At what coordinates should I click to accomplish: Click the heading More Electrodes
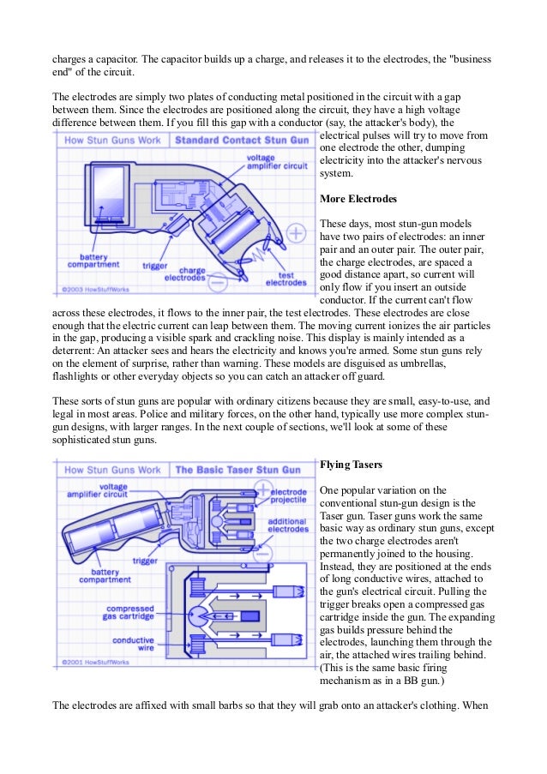pyautogui.click(x=358, y=199)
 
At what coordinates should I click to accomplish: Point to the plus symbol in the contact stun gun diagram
pyautogui.click(x=296, y=232)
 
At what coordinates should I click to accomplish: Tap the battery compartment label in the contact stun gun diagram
pyautogui.click(x=93, y=261)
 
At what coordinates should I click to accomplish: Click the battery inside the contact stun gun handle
pyautogui.click(x=110, y=196)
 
